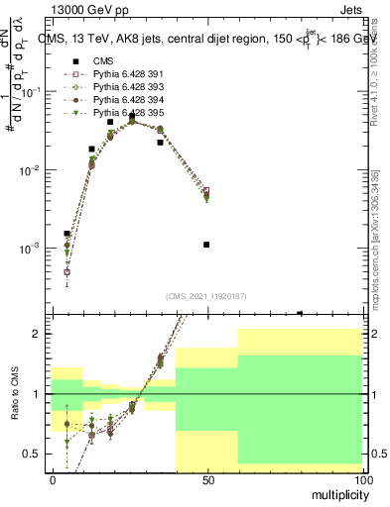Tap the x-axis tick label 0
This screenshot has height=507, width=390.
pos(53,479)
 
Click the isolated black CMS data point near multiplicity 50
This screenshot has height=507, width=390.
pos(206,245)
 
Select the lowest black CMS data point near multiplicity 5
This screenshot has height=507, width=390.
pos(66,234)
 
